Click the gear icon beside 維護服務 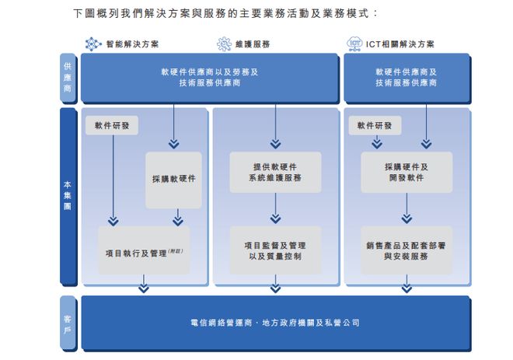tap(224, 44)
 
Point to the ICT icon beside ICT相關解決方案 tap(354, 44)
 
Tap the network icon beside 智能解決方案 tap(94, 44)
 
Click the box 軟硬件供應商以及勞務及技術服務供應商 tap(209, 77)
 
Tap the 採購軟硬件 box tap(173, 179)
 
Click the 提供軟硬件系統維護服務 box tap(275, 172)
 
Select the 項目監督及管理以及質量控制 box tap(275, 250)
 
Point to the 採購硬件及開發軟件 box tap(407, 172)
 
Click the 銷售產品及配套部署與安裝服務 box tap(407, 250)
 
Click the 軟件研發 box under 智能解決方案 tap(113, 125)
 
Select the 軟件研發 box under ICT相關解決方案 tap(375, 125)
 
